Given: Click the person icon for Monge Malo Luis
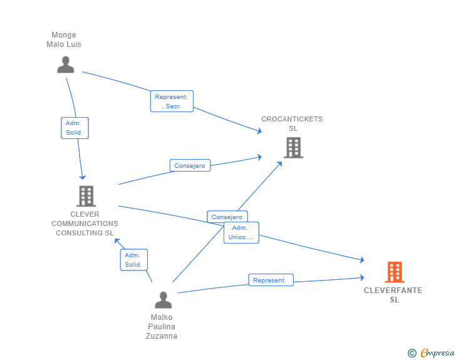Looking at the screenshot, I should (x=66, y=64).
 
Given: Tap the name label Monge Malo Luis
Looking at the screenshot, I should (x=64, y=40).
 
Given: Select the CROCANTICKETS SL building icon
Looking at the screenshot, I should (x=293, y=148).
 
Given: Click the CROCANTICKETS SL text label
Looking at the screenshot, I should (x=292, y=124).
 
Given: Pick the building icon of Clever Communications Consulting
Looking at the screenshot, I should (x=86, y=196).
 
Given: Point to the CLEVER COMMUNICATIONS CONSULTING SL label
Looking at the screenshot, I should (x=85, y=224).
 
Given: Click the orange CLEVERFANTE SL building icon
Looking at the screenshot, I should (x=394, y=272).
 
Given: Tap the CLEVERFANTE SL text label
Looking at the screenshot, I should (x=393, y=295).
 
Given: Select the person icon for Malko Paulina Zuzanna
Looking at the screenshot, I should (x=163, y=300).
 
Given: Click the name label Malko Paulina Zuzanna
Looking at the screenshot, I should (x=162, y=327).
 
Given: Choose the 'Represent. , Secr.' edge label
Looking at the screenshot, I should (x=172, y=101).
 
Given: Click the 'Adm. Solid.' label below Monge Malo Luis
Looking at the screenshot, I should (x=75, y=128).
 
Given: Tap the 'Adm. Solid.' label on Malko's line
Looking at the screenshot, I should (x=133, y=260).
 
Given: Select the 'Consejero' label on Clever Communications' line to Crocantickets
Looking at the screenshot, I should (x=190, y=165).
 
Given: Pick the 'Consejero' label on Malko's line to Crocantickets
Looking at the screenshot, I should (x=227, y=217).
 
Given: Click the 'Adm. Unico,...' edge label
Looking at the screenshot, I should (x=241, y=232).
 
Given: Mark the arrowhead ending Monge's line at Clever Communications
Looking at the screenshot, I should (x=82, y=177).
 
